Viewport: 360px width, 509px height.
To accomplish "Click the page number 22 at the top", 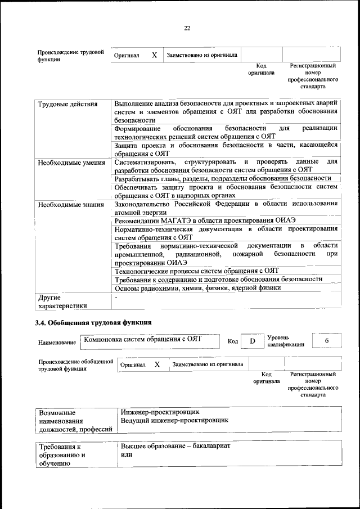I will pyautogui.click(x=187, y=28).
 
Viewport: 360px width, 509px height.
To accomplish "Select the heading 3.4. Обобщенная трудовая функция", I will pyautogui.click(x=93, y=323).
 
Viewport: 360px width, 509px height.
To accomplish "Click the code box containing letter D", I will pyautogui.click(x=253, y=341).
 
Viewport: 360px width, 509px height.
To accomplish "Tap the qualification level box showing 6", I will pyautogui.click(x=326, y=341).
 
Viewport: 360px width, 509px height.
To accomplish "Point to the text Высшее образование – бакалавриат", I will pyautogui.click(x=175, y=445).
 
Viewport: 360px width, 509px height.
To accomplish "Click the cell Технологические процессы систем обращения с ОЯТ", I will pyautogui.click(x=197, y=271).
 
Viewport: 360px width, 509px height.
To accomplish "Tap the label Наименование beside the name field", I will pyautogui.click(x=57, y=342).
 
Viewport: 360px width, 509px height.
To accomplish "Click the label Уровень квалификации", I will pyautogui.click(x=286, y=341).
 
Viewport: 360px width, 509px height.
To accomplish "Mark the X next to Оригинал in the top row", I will pyautogui.click(x=154, y=55).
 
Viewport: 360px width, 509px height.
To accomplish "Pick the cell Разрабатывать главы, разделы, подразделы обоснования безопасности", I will pyautogui.click(x=223, y=178).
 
